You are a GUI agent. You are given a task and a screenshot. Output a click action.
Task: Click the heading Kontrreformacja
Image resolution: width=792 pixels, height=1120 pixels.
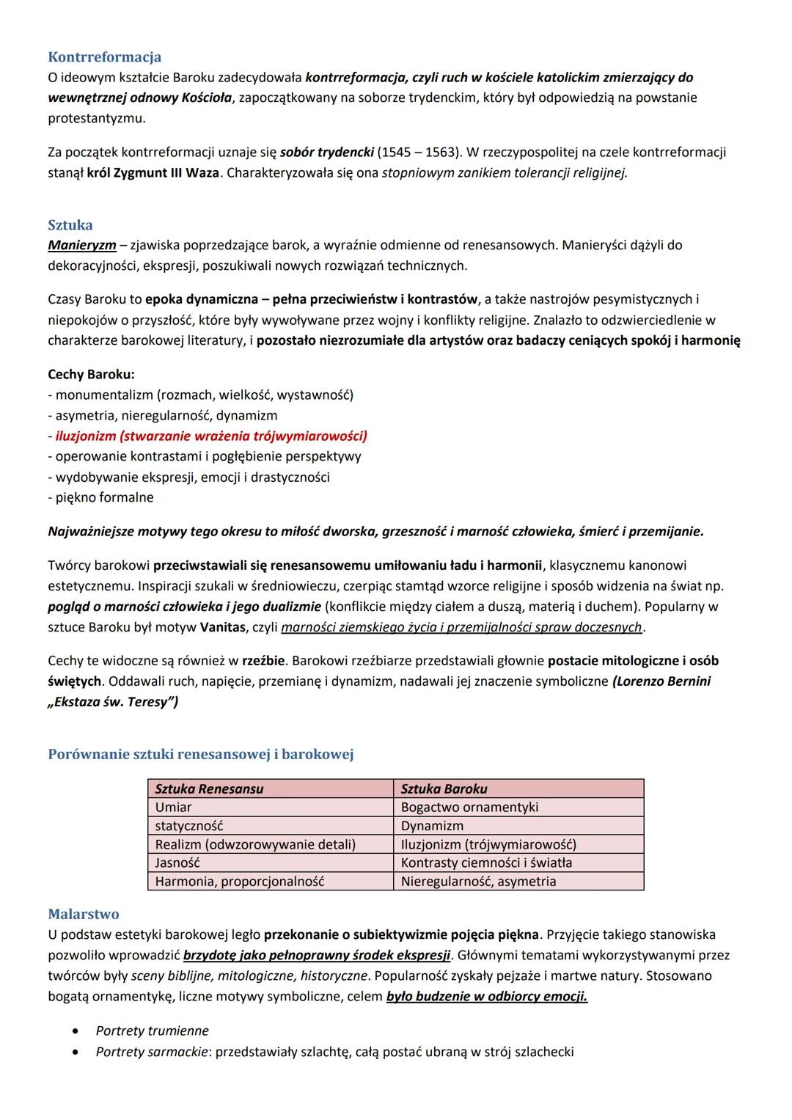[x=104, y=57]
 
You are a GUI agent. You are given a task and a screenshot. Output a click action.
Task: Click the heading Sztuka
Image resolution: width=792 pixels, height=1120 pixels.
[x=70, y=225]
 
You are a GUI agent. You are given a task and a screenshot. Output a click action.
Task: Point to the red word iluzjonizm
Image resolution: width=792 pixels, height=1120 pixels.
[x=85, y=436]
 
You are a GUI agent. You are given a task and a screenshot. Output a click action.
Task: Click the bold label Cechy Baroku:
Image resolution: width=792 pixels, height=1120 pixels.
[x=91, y=374]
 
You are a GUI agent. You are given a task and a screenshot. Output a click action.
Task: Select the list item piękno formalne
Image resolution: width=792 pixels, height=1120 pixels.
[x=104, y=497]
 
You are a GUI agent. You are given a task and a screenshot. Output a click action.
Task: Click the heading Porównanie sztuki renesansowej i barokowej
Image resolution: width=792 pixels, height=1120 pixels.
[x=200, y=754]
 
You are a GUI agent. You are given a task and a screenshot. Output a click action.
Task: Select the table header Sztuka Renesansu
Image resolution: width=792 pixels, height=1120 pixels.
[x=209, y=789]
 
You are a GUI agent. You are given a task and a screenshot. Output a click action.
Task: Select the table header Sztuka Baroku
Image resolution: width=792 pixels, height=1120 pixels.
[x=444, y=789]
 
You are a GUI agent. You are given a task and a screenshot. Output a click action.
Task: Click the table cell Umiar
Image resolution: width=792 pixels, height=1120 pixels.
[x=173, y=808]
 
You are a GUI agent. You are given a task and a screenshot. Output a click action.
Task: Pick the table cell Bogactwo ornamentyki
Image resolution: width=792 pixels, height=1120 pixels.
[x=469, y=808]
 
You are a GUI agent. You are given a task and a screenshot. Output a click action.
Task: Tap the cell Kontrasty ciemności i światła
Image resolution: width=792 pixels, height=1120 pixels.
[x=486, y=863]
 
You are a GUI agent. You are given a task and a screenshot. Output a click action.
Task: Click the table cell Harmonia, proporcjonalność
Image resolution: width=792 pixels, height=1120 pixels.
[x=239, y=882]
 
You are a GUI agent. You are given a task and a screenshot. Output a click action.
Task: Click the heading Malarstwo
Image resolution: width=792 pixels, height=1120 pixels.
[x=83, y=915]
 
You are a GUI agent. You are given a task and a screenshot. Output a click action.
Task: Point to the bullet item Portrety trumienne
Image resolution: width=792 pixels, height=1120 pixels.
[x=152, y=1031]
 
